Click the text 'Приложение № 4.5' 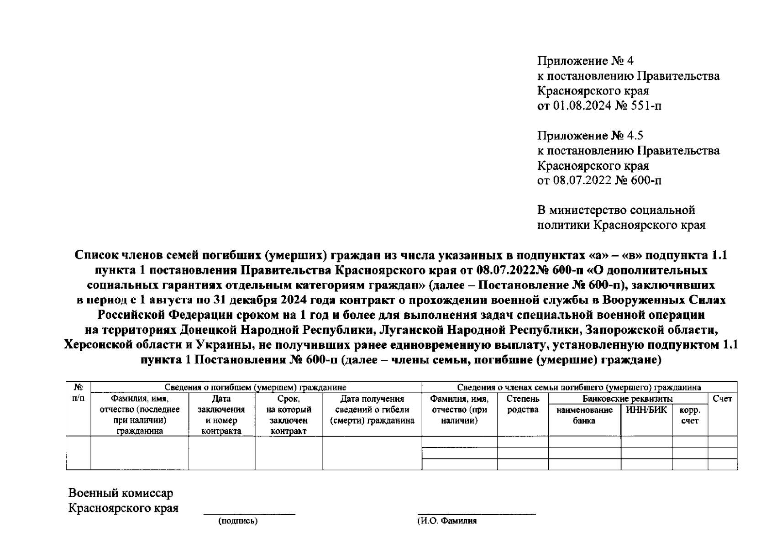click(x=590, y=136)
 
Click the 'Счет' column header click(x=722, y=399)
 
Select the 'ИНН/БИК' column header click(x=646, y=410)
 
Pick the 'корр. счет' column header click(x=689, y=415)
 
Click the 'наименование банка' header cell click(x=584, y=415)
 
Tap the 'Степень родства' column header click(x=523, y=404)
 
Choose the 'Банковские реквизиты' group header click(x=627, y=399)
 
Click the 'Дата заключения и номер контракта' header click(x=221, y=415)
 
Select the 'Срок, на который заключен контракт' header click(x=289, y=415)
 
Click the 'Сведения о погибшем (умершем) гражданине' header click(x=255, y=387)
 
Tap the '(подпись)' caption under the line click(x=238, y=521)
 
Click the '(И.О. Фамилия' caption click(x=447, y=521)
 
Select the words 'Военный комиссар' click(x=121, y=493)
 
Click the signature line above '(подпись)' click(x=249, y=514)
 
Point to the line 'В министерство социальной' click(x=616, y=210)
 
